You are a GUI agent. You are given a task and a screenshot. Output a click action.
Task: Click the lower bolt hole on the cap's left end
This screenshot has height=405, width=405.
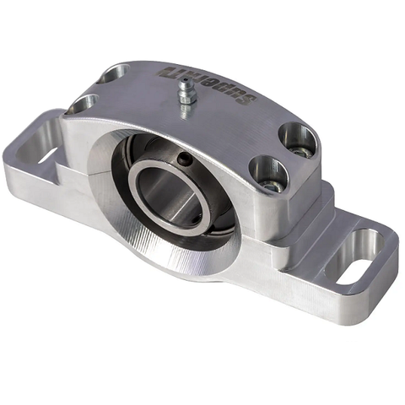click(x=82, y=104)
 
